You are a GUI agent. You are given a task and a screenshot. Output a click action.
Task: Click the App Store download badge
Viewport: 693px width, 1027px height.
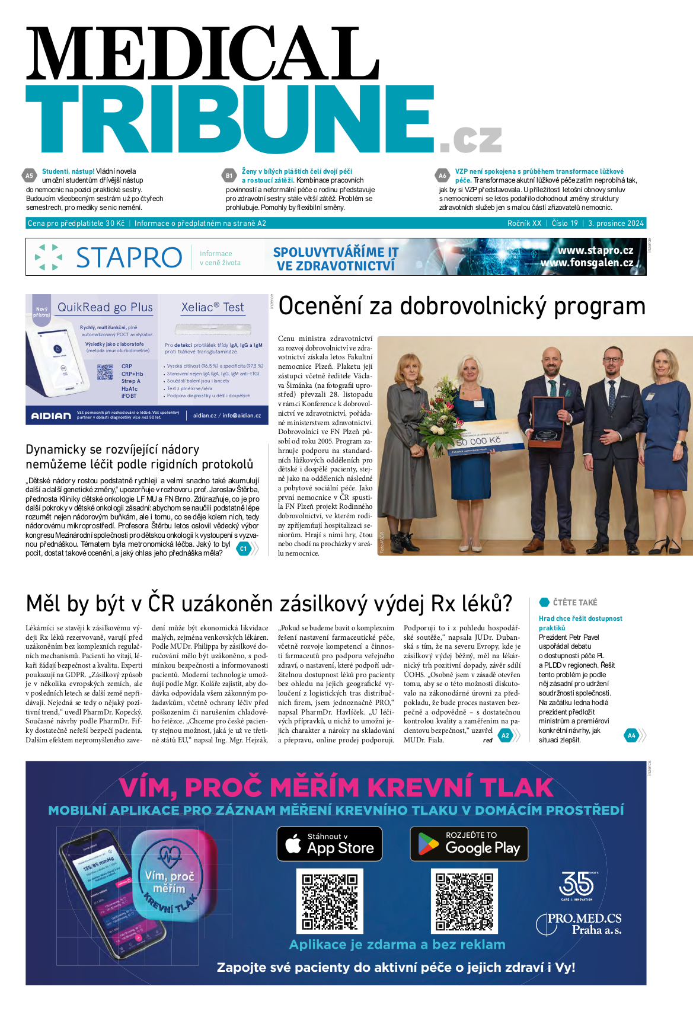(330, 844)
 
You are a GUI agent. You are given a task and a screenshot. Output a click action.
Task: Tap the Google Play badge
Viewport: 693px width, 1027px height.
(469, 844)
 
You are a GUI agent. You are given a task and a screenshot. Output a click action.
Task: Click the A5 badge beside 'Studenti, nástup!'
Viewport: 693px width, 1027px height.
(29, 176)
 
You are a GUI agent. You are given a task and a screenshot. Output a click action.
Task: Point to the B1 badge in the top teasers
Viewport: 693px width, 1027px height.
(229, 176)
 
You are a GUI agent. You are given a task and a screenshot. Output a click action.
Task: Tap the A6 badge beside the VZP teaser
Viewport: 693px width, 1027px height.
(442, 176)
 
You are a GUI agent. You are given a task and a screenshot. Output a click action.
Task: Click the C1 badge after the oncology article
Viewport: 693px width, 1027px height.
(243, 548)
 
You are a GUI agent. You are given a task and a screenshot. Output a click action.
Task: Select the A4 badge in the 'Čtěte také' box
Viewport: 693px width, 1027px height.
(631, 735)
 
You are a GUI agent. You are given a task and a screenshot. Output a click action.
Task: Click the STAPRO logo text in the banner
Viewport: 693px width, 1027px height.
(129, 257)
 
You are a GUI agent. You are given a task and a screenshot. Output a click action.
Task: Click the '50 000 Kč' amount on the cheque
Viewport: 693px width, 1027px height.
(479, 441)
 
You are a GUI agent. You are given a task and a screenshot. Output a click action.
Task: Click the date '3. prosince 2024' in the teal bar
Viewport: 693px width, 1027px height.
(615, 224)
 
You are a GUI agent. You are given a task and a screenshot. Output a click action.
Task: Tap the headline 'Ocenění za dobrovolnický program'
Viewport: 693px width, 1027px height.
(462, 307)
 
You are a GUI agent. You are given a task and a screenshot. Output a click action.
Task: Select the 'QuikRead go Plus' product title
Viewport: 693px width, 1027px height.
(105, 307)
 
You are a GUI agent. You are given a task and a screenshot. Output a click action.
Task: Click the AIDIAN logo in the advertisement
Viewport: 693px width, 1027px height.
(51, 416)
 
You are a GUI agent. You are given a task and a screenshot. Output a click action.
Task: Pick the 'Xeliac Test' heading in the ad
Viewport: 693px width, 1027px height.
(212, 307)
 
